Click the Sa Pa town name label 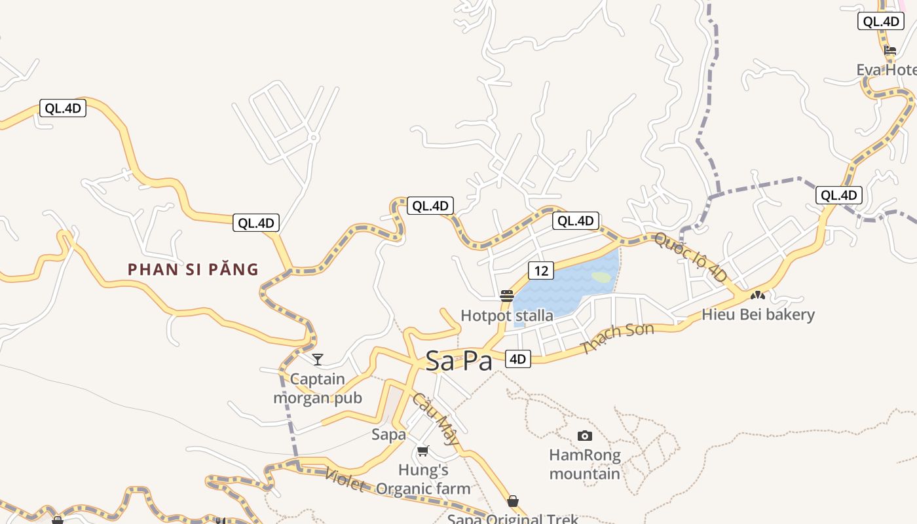[458, 361]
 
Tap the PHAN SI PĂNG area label [193, 269]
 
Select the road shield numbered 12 [540, 271]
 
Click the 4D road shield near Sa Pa [517, 359]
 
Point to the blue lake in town [557, 288]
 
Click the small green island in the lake [601, 277]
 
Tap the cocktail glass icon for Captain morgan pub [318, 359]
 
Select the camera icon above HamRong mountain [584, 436]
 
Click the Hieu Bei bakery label [758, 314]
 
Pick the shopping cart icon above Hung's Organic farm [423, 451]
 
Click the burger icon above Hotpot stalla [506, 296]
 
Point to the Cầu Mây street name [436, 419]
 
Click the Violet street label [345, 481]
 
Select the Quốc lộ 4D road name [690, 257]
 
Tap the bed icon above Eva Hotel [889, 50]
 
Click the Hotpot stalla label [506, 316]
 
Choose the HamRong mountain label [584, 464]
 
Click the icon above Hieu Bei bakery [758, 296]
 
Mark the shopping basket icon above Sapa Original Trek [513, 501]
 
